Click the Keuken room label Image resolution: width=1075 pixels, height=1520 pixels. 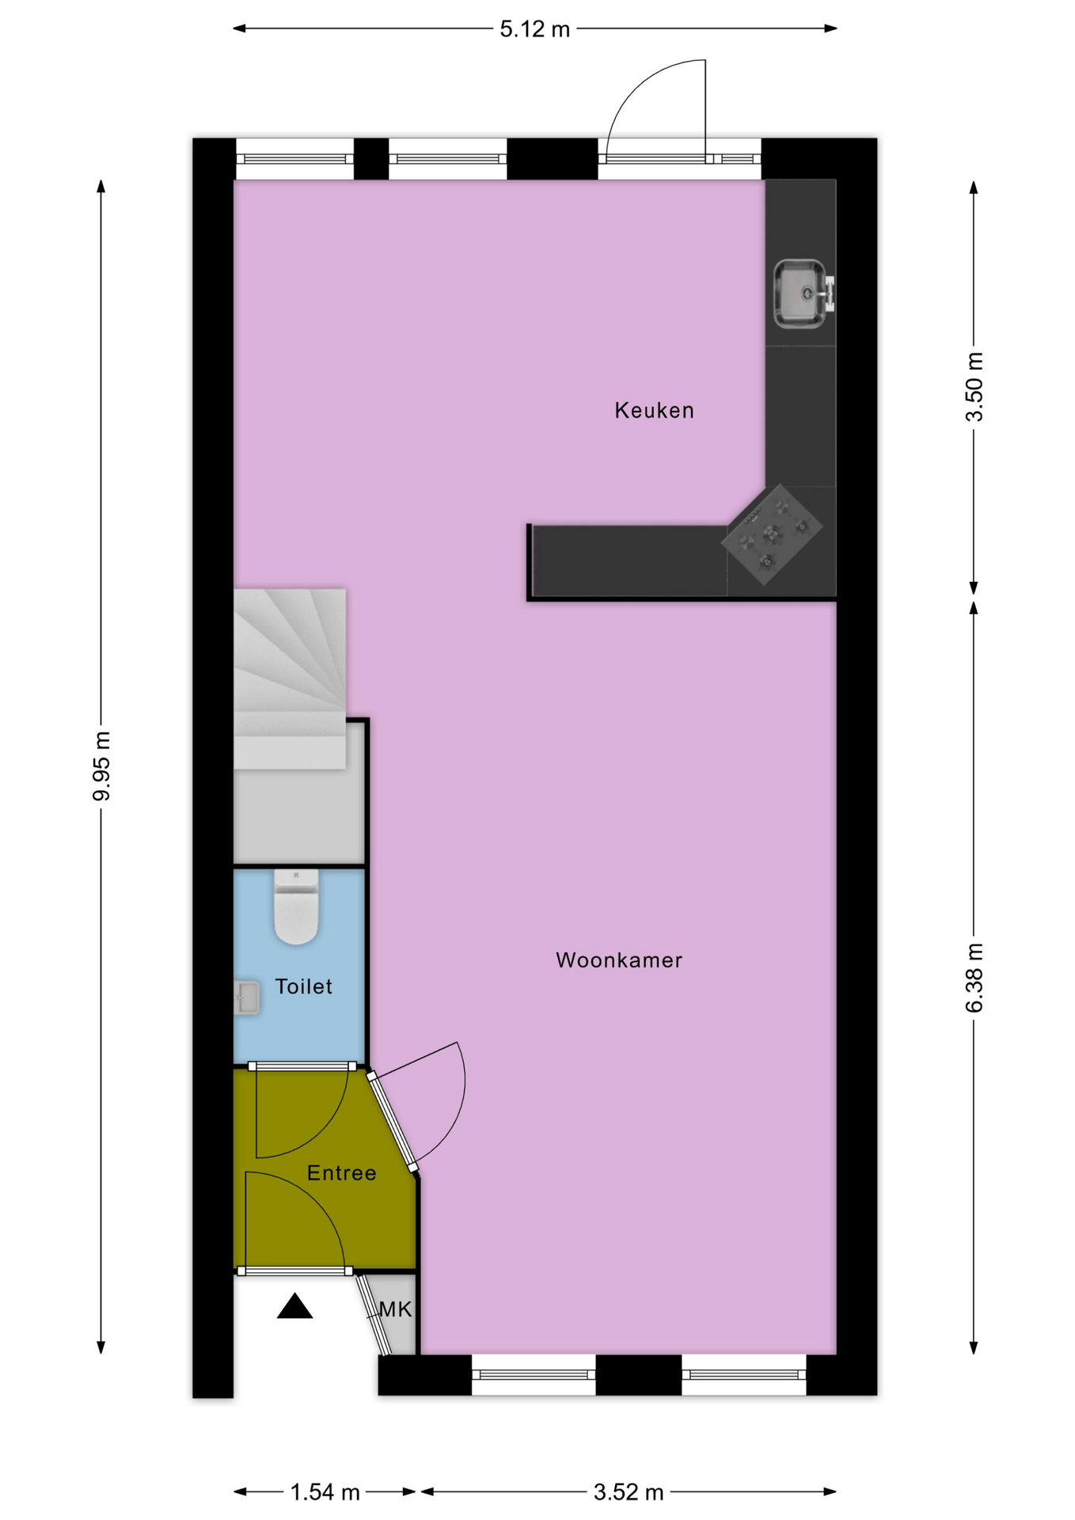(654, 410)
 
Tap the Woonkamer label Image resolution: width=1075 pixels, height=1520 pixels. (619, 960)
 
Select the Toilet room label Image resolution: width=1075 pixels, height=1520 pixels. (303, 986)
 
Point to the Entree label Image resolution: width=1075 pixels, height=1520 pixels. (341, 1172)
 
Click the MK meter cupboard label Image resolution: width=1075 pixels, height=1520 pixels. (396, 1309)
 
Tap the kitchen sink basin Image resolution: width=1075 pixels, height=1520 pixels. (800, 294)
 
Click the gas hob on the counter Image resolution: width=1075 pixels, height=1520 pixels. (772, 534)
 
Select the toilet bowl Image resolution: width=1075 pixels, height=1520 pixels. (296, 906)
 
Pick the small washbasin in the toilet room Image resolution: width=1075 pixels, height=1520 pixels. (246, 998)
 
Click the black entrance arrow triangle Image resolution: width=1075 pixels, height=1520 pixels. (294, 1306)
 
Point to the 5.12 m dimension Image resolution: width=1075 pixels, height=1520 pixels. (535, 29)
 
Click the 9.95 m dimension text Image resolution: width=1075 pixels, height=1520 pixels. (101, 766)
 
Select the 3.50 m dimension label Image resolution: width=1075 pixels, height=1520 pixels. (974, 387)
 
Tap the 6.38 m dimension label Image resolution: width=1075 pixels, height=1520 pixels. (974, 978)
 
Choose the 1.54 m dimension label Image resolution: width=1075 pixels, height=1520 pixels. (325, 1492)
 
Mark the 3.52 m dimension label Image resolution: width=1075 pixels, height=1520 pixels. (629, 1492)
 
